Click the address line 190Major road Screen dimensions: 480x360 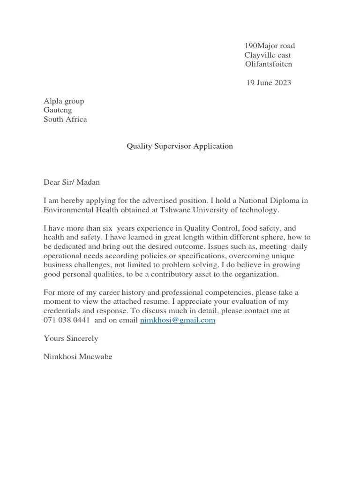point(270,46)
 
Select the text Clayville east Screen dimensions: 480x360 point(267,55)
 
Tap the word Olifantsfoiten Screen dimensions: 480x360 point(268,64)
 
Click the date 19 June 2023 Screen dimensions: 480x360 point(269,83)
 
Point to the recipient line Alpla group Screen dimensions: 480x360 point(64,101)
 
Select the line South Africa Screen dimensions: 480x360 point(65,119)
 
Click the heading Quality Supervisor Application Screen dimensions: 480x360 point(180,146)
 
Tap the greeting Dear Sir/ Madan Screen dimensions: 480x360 point(72,182)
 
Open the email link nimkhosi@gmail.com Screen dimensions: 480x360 point(178,321)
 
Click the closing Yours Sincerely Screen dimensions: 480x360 point(71,338)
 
